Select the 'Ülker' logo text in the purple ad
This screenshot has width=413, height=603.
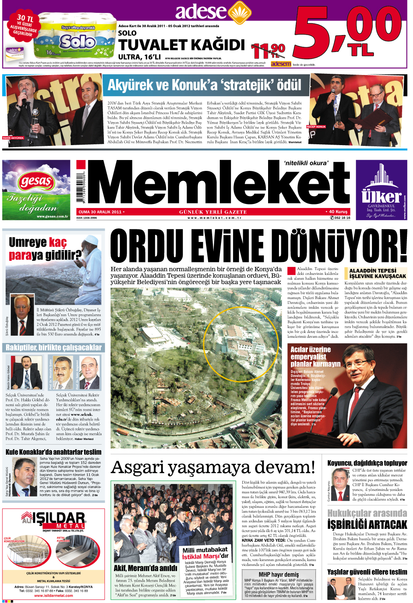coord(381,196)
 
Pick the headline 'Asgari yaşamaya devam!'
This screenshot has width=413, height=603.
coord(213,468)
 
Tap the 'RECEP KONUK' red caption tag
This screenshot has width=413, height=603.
coord(316,127)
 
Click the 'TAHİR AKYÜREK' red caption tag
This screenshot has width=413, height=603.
coord(13,138)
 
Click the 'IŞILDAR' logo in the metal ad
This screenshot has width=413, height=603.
coord(53,519)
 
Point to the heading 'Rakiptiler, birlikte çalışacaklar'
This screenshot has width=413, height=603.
coord(54,347)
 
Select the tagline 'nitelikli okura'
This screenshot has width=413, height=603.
coord(306,163)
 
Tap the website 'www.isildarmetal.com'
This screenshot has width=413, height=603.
coord(54,595)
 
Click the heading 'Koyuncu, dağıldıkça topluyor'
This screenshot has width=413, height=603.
coord(367,463)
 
